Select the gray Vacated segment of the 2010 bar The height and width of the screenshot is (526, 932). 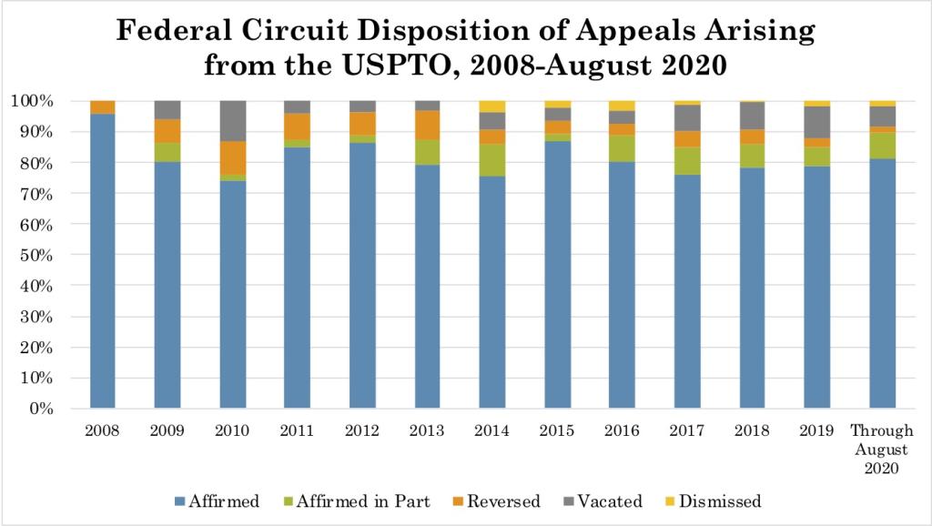(x=233, y=121)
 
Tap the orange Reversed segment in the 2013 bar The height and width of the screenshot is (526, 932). (x=428, y=125)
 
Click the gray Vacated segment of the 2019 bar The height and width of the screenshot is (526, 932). (x=817, y=122)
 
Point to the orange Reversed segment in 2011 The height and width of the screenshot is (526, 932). (x=298, y=126)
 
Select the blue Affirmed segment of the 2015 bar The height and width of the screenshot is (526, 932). (x=558, y=273)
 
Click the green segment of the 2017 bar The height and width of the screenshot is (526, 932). (x=687, y=160)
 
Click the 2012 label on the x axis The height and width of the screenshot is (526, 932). (x=362, y=430)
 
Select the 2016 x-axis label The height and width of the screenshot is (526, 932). (x=623, y=430)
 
